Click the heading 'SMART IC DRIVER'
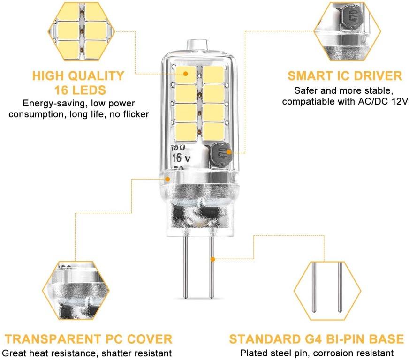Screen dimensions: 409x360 (x=345, y=76)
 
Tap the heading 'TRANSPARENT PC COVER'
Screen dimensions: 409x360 (x=89, y=339)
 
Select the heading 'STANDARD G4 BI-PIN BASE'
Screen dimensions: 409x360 (x=317, y=339)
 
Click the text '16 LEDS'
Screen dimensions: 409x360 (x=80, y=90)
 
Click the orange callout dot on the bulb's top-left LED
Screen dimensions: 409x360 (x=185, y=74)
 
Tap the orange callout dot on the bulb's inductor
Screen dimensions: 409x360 (x=229, y=152)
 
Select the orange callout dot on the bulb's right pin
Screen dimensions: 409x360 (x=213, y=259)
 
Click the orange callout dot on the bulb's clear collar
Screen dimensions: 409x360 (x=167, y=179)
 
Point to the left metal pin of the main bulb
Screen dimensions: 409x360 (x=186, y=267)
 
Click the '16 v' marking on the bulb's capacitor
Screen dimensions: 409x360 (x=181, y=157)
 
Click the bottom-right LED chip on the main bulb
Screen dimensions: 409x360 (x=213, y=132)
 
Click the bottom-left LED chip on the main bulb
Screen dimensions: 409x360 (x=186, y=132)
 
